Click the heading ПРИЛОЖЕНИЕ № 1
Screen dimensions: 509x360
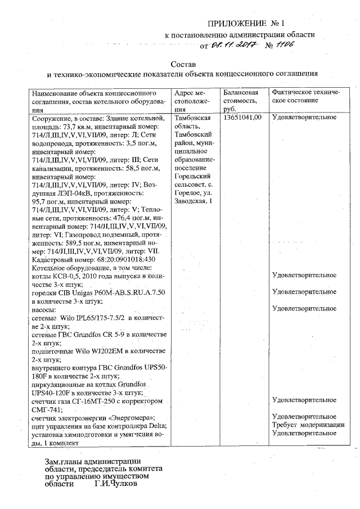coord(247,24)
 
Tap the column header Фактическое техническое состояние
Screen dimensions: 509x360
coord(304,96)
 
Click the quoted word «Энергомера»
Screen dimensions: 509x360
coord(124,418)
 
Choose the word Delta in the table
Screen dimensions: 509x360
coord(157,426)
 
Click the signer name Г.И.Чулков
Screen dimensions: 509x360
coord(115,483)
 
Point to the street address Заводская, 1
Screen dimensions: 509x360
coord(193,201)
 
